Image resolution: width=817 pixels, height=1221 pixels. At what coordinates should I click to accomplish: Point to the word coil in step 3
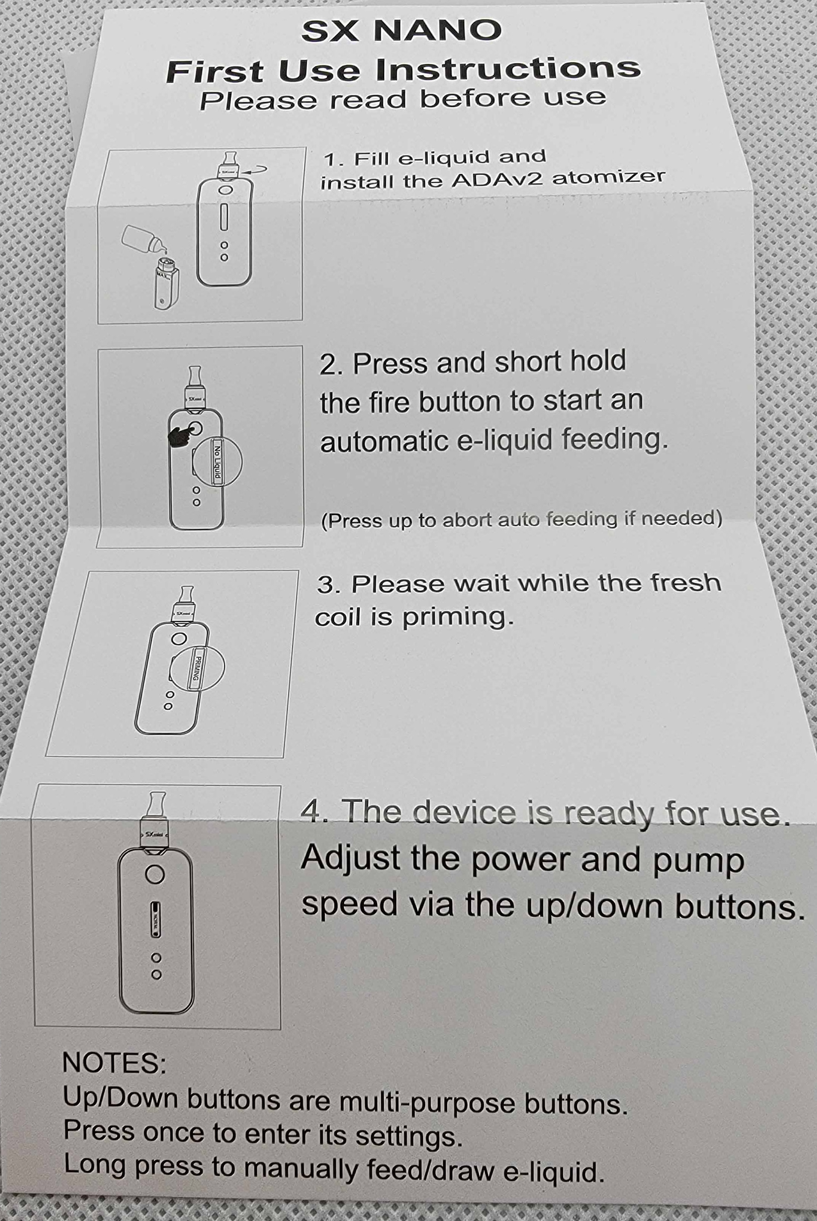(x=338, y=618)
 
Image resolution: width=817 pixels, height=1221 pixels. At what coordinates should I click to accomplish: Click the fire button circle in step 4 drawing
(x=155, y=874)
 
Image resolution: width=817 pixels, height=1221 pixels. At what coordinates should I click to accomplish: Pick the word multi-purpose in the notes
(x=427, y=1101)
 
